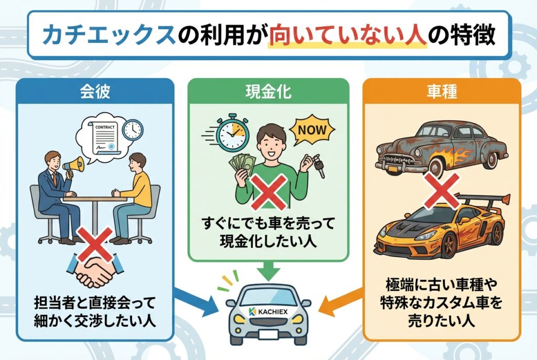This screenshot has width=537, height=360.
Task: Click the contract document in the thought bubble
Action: [104, 137]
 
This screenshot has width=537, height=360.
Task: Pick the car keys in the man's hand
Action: [318, 167]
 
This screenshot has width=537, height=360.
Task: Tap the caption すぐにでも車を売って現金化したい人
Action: [268, 233]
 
